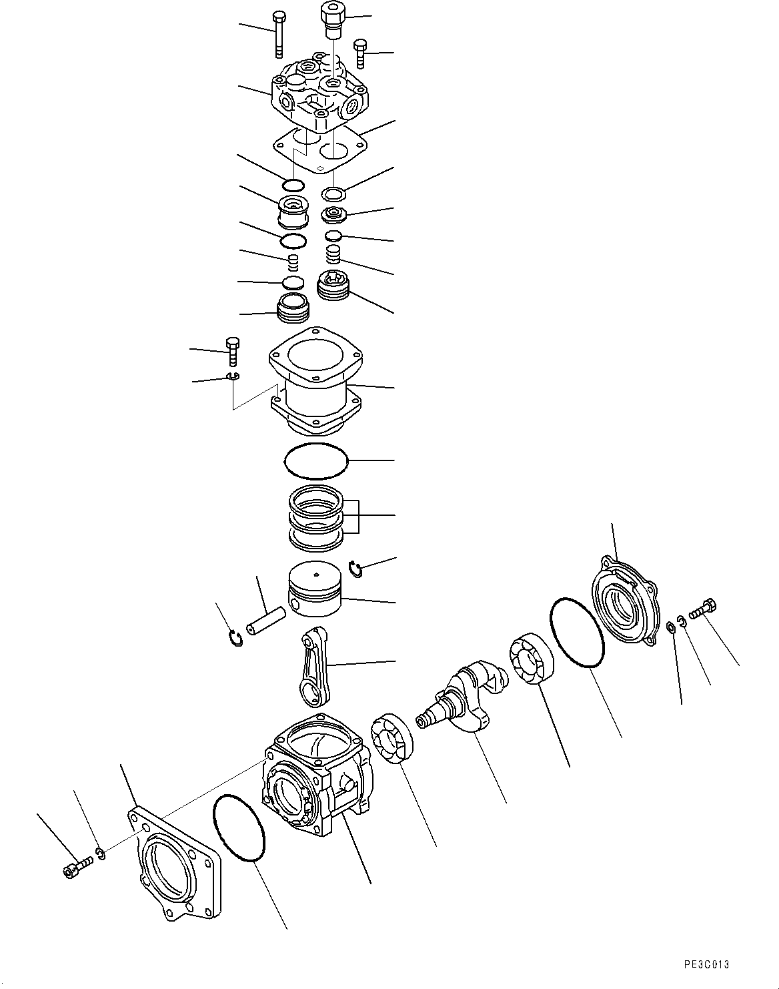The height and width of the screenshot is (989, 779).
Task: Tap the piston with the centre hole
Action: click(315, 589)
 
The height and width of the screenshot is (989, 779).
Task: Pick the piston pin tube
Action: click(265, 624)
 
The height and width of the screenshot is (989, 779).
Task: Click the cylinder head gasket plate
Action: click(320, 149)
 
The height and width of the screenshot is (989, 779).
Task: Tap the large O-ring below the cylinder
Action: click(316, 461)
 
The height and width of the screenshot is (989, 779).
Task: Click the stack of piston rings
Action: click(316, 519)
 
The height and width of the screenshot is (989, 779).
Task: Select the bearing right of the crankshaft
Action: click(532, 657)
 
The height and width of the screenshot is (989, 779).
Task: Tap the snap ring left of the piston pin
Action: click(235, 639)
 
